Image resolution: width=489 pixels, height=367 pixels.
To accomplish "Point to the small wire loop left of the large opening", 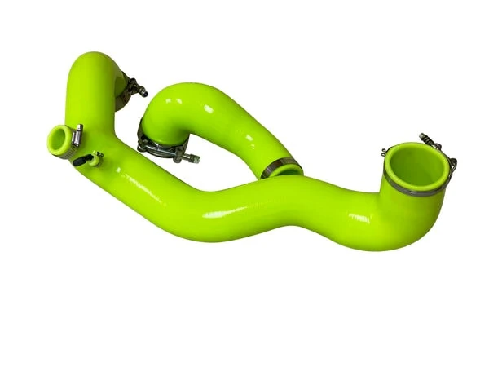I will pyautogui.click(x=384, y=152).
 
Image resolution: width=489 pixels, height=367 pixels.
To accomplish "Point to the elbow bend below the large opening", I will pyautogui.click(x=399, y=224).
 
